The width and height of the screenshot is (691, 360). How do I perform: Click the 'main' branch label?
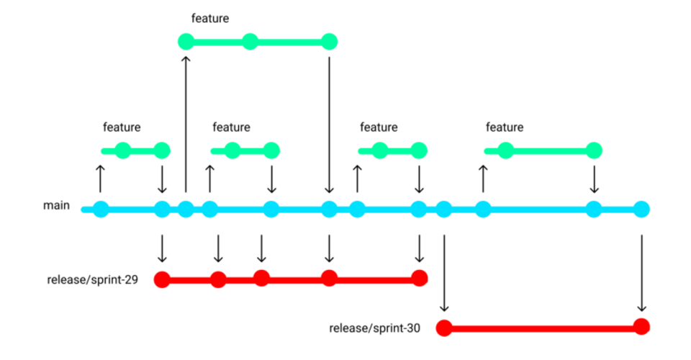pos(56,206)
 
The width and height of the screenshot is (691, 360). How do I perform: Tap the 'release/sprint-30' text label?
pos(374,328)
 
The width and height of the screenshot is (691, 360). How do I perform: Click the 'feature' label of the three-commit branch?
pos(210,19)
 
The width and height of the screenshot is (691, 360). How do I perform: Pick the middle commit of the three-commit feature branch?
pos(250,42)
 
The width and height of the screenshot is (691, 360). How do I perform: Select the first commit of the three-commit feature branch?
pos(186,42)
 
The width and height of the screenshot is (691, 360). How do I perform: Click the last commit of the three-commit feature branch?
pos(329,42)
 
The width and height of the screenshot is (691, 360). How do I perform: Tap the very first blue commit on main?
pos(100,210)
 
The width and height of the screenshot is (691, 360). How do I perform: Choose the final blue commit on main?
pos(641,210)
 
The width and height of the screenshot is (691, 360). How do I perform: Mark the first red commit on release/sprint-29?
pos(162,279)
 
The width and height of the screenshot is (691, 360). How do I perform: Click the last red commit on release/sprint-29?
pos(420,278)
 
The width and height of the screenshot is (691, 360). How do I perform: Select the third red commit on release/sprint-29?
pos(261,278)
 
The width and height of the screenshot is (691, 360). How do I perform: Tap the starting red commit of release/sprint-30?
pos(444,328)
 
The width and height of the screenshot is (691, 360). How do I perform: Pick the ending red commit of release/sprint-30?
pos(641,326)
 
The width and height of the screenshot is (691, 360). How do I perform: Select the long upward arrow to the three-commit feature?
pos(186,122)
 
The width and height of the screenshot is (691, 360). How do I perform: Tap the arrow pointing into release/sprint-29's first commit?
pos(162,248)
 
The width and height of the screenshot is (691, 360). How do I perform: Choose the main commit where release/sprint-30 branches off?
pos(444,210)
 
